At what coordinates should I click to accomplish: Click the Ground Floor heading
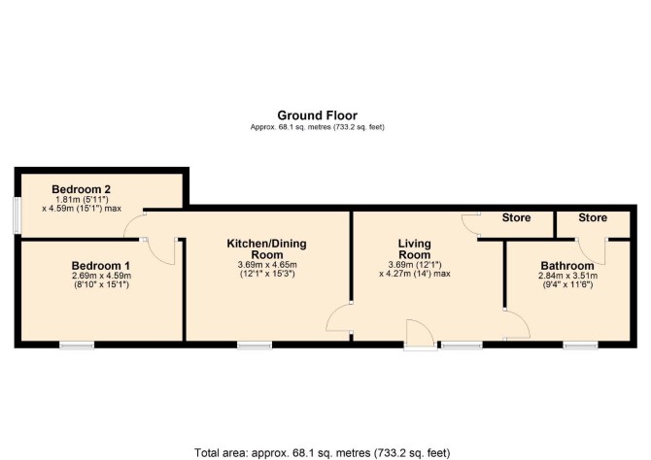pyautogui.click(x=317, y=115)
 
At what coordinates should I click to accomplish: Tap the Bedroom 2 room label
pyautogui.click(x=82, y=189)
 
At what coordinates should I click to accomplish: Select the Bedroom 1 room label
pyautogui.click(x=101, y=266)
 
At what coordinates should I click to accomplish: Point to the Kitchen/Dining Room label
pyautogui.click(x=266, y=248)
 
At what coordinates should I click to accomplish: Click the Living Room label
pyautogui.click(x=414, y=248)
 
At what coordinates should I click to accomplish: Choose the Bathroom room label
pyautogui.click(x=567, y=266)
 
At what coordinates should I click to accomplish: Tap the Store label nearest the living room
pyautogui.click(x=516, y=217)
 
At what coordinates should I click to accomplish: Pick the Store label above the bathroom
pyautogui.click(x=593, y=217)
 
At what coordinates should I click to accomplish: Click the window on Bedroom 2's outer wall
pyautogui.click(x=17, y=214)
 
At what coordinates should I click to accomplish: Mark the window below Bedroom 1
pyautogui.click(x=77, y=345)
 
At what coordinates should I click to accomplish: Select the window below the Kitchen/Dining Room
pyautogui.click(x=255, y=345)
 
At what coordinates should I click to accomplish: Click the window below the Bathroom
pyautogui.click(x=580, y=345)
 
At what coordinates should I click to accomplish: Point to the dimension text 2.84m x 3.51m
pyautogui.click(x=567, y=276)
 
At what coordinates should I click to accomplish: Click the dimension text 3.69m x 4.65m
pyautogui.click(x=267, y=265)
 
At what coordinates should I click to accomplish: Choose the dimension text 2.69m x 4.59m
pyautogui.click(x=101, y=276)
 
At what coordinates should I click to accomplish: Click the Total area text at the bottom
pyautogui.click(x=323, y=452)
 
